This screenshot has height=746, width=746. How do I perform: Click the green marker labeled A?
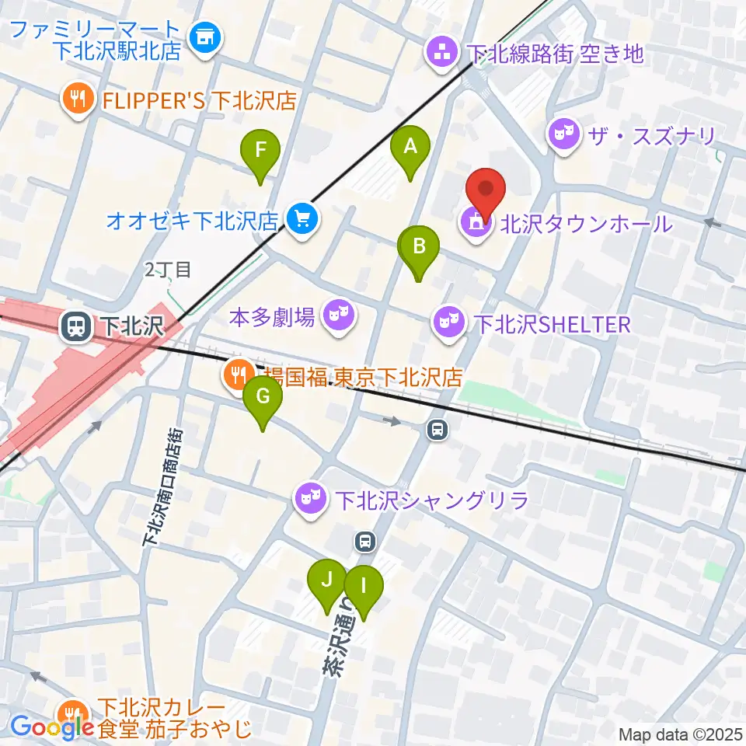point(410,146)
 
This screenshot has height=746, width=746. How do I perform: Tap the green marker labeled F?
point(260,150)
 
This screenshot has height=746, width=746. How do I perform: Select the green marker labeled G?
point(263,398)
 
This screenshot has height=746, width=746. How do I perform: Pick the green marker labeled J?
point(327,580)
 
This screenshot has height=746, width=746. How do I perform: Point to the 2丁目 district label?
point(167,270)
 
